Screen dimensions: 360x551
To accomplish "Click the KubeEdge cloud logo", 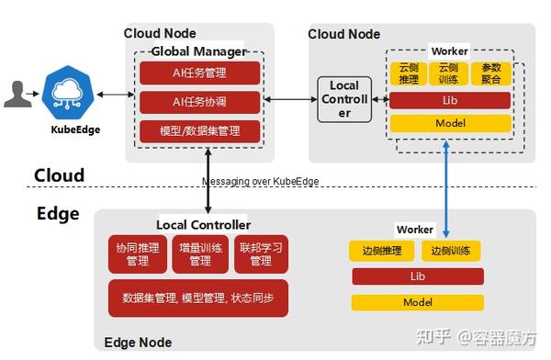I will pyautogui.click(x=69, y=91).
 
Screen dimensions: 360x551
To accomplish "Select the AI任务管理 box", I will pyautogui.click(x=199, y=73).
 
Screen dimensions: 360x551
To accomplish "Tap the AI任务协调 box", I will pyautogui.click(x=199, y=101).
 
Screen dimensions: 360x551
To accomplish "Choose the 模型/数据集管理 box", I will pyautogui.click(x=199, y=131).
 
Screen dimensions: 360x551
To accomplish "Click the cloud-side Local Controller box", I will pyautogui.click(x=344, y=99).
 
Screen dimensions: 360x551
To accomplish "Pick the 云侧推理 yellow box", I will pyautogui.click(x=408, y=73).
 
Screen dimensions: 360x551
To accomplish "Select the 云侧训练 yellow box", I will pyautogui.click(x=447, y=73).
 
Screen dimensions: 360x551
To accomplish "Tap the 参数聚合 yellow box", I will pyautogui.click(x=488, y=73).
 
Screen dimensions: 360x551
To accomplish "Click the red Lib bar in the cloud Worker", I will pyautogui.click(x=450, y=100).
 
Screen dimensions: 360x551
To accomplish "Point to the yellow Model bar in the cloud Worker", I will pyautogui.click(x=450, y=123).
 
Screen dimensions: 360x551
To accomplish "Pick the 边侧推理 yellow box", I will pyautogui.click(x=381, y=251).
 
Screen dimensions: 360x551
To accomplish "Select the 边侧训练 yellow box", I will pyautogui.click(x=452, y=251).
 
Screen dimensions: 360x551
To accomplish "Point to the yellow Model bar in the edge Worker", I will pyautogui.click(x=418, y=302).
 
